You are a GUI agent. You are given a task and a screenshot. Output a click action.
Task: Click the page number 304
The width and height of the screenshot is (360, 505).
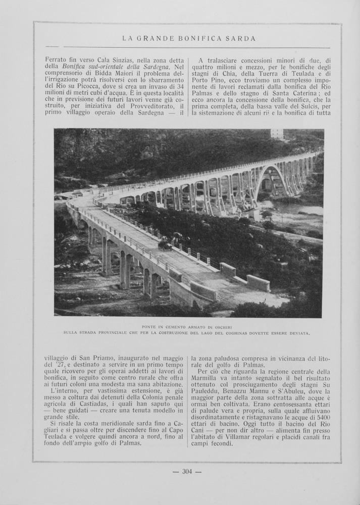click(187, 472)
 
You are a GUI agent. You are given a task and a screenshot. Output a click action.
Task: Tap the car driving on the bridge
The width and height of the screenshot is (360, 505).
click(165, 245)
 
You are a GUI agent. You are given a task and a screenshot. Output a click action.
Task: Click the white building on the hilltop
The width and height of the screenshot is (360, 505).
click(277, 134)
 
